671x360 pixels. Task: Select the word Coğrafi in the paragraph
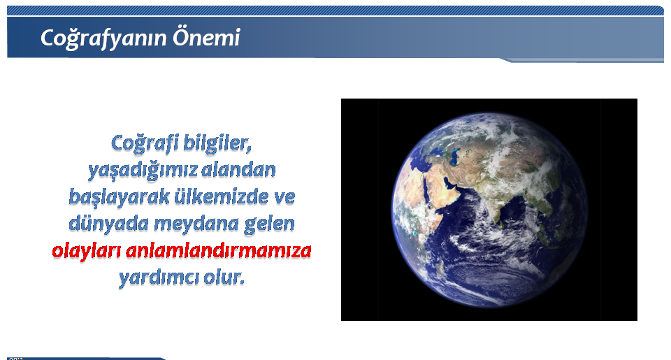[x=144, y=143]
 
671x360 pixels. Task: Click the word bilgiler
[x=217, y=143]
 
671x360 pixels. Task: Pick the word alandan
[x=238, y=171]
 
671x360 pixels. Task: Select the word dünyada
[x=109, y=224]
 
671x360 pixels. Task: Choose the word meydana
[x=196, y=224]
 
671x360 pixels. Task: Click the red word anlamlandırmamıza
[x=218, y=251]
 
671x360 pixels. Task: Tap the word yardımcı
[x=158, y=278]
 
